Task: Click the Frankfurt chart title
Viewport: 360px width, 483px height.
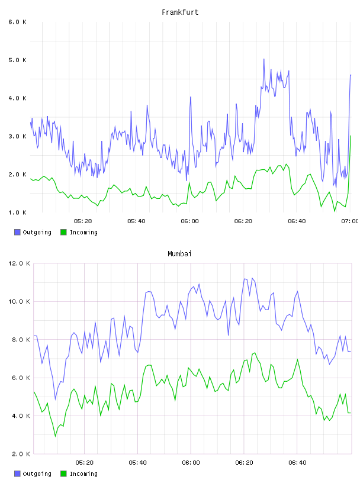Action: click(180, 12)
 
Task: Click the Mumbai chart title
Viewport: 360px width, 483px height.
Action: click(179, 254)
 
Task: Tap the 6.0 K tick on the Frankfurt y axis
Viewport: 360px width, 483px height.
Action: click(17, 22)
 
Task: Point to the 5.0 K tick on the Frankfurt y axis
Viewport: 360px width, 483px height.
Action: click(17, 60)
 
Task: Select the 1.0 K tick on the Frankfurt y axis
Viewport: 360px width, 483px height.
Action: click(17, 212)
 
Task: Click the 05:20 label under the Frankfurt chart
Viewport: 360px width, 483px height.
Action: click(83, 221)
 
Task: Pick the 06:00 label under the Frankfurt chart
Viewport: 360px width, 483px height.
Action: click(190, 221)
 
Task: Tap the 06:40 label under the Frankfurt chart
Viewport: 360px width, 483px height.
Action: click(297, 221)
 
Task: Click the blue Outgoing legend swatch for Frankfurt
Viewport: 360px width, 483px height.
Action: click(17, 232)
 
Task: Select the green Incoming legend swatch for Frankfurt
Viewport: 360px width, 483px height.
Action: click(63, 232)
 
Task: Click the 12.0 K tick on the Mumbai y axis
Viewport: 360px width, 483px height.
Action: click(19, 263)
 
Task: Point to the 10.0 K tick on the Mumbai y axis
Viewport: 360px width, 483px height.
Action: click(19, 301)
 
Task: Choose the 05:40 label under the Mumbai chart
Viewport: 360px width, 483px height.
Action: click(138, 463)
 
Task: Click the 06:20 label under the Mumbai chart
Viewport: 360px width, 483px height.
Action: click(245, 463)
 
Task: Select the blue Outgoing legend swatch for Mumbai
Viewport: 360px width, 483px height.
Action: click(17, 474)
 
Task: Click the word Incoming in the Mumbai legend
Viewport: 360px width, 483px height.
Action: click(83, 474)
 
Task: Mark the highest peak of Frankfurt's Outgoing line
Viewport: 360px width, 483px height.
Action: click(264, 59)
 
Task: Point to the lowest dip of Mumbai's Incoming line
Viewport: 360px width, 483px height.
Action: click(56, 436)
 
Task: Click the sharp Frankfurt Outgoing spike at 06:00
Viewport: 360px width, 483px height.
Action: click(191, 97)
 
